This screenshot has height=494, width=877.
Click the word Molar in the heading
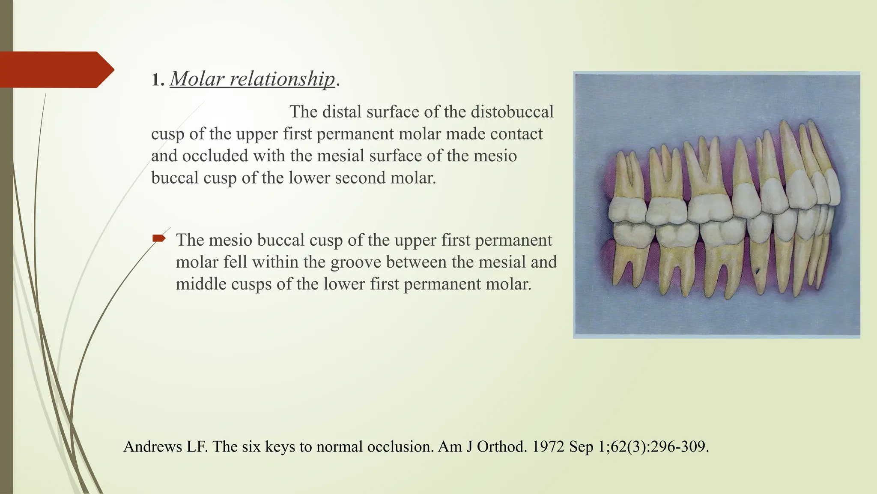pos(197,79)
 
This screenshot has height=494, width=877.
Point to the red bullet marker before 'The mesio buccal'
pos(159,238)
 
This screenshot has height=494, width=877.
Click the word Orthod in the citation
pos(501,447)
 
